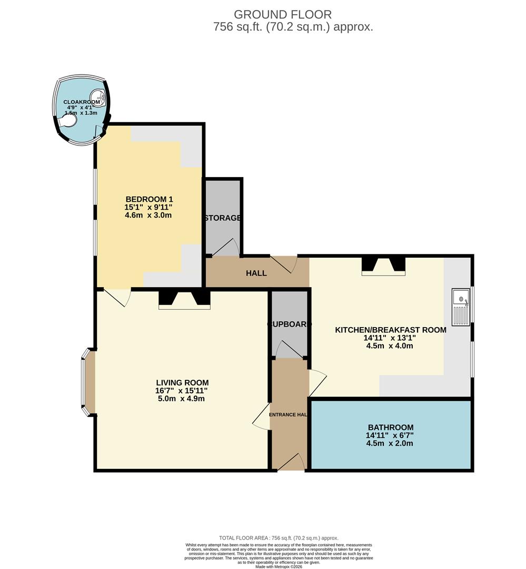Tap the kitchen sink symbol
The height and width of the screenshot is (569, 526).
[x=461, y=307]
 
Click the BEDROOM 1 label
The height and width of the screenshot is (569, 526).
[x=149, y=199]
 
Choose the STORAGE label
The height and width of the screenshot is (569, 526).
[x=223, y=218]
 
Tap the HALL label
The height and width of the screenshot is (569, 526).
[x=256, y=273]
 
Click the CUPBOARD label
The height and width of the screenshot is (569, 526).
[x=289, y=325]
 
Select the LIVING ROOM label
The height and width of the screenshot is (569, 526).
[x=182, y=382]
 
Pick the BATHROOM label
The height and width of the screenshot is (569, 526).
[x=390, y=427]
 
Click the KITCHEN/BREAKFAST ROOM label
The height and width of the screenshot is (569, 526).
[x=391, y=330]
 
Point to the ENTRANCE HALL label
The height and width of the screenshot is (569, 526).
[x=289, y=415]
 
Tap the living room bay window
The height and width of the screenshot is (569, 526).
[x=84, y=384]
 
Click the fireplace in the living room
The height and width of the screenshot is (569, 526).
[x=184, y=299]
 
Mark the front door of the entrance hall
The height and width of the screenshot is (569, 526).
[x=291, y=463]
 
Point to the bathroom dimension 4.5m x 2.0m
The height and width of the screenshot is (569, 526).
[x=390, y=444]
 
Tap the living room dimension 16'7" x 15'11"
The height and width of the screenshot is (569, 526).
[x=182, y=391]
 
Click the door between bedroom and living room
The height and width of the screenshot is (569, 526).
[x=117, y=297]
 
